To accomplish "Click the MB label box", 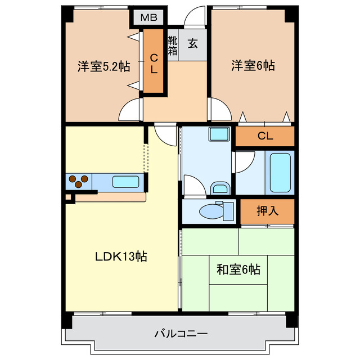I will click(148, 17).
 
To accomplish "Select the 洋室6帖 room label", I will click(253, 66).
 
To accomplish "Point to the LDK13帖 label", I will click(120, 256).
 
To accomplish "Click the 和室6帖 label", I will click(238, 269).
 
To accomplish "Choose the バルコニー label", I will click(181, 334).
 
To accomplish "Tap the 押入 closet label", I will click(267, 211).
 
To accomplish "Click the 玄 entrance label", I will click(192, 44).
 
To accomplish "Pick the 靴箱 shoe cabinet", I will click(173, 45).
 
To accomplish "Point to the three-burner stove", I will click(79, 181).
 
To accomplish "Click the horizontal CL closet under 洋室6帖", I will click(265, 136).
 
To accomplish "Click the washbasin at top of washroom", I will click(218, 134).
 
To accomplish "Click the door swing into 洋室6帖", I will click(218, 108).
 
